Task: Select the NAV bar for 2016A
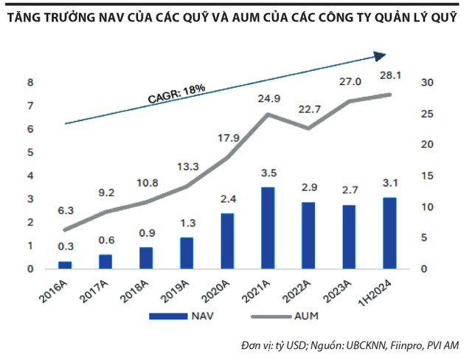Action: (x=65, y=264)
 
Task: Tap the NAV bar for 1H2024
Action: (x=389, y=232)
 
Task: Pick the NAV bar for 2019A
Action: (x=187, y=252)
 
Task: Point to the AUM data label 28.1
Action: (x=390, y=77)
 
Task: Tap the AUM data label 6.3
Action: (x=66, y=211)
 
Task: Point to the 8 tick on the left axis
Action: (x=29, y=83)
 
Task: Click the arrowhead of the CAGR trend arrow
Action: (x=381, y=55)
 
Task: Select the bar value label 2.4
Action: (x=228, y=198)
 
